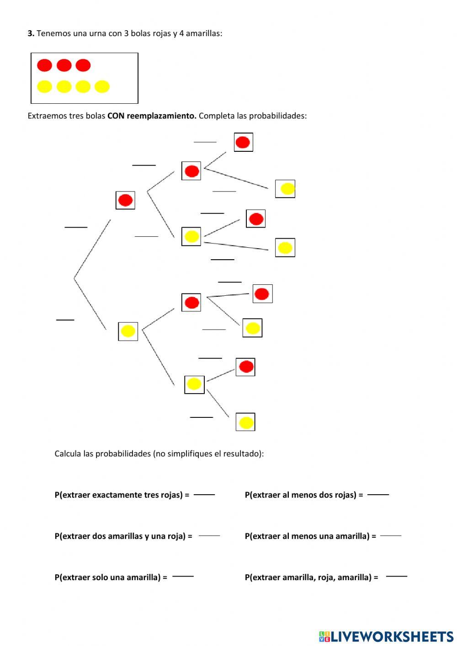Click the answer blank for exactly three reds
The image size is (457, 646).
[x=204, y=495]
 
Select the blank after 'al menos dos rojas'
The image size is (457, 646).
[x=378, y=495]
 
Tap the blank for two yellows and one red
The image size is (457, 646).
[x=209, y=536]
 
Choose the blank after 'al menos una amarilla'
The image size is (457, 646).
[x=391, y=536]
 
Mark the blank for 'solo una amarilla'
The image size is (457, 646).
[x=183, y=577]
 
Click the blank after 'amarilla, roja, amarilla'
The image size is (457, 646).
[x=396, y=577]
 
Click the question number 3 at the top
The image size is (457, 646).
[x=31, y=33]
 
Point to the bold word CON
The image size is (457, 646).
[x=116, y=116]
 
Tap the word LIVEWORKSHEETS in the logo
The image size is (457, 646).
[x=392, y=636]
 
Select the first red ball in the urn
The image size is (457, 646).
[x=44, y=65]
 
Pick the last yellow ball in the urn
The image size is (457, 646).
[x=102, y=86]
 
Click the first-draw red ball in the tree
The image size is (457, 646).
[x=125, y=200]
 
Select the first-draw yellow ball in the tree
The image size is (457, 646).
[x=128, y=331]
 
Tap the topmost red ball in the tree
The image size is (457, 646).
[x=243, y=142]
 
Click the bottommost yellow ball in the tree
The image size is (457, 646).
[x=246, y=422]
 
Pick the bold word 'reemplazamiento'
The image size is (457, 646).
[x=161, y=116]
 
